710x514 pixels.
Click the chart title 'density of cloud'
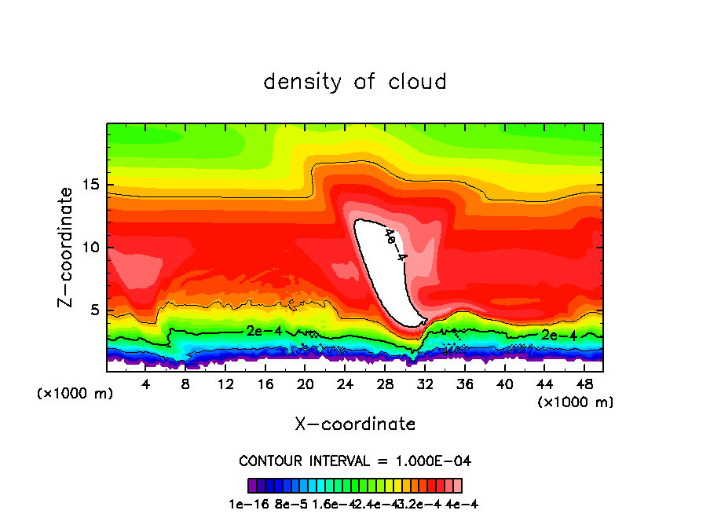click(355, 82)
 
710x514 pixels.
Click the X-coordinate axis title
click(355, 424)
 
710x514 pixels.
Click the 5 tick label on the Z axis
click(97, 310)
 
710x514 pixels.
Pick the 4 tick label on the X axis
click(146, 384)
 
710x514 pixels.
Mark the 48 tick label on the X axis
click(584, 384)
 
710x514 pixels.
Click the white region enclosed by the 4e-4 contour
click(385, 275)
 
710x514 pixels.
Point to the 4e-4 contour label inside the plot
click(396, 244)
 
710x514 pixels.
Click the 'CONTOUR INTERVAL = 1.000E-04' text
click(355, 461)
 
